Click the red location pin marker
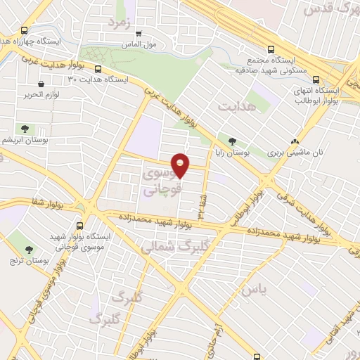pyautogui.click(x=181, y=165)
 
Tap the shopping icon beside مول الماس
pyautogui.click(x=139, y=33)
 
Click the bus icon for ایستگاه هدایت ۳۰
pyautogui.click(x=98, y=70)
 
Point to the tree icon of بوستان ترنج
pyautogui.click(x=30, y=249)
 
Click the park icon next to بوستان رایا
pyautogui.click(x=233, y=141)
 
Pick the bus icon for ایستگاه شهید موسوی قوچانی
pyautogui.click(x=79, y=226)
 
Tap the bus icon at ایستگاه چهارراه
pyautogui.click(x=25, y=31)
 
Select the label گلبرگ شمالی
pyautogui.click(x=168, y=247)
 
